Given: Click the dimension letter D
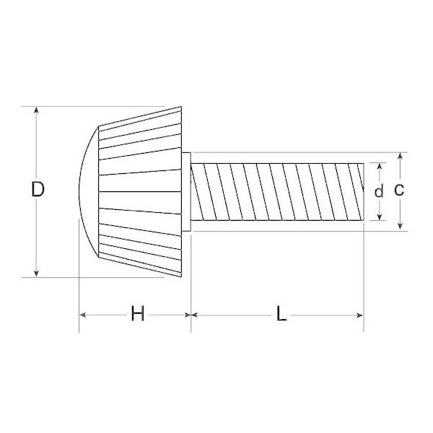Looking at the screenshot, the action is coord(38,189).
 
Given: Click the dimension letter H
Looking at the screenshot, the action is coord(138,313).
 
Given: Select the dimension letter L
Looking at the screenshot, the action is coord(281,313).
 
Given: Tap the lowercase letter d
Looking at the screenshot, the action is coord(379,191).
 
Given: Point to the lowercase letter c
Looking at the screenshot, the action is coord(399,190).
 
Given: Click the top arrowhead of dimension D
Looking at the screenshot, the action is coord(36,110).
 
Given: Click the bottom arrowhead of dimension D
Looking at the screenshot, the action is coord(36,274).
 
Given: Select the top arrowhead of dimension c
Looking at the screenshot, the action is coord(400,156).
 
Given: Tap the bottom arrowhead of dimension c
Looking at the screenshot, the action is coord(400,227).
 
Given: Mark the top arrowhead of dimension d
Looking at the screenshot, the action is coord(380,166).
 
